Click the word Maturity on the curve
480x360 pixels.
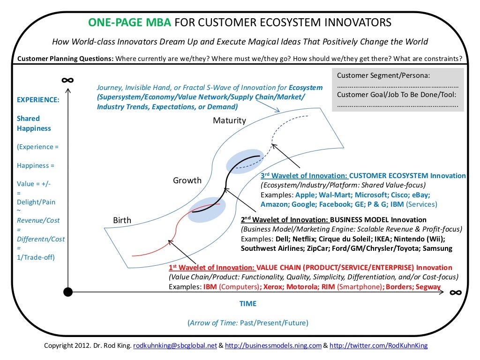(229, 120)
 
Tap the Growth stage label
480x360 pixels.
(187, 180)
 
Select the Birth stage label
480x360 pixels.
(122, 220)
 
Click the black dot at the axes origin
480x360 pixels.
(68, 292)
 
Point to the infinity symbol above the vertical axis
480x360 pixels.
(67, 80)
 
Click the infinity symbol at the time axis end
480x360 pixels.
(455, 293)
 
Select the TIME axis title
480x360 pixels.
(248, 304)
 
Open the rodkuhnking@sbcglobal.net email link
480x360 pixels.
(175, 346)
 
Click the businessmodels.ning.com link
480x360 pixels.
(273, 346)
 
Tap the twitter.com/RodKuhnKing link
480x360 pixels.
(379, 346)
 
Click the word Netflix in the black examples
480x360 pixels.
(295, 239)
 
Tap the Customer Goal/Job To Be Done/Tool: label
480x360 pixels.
(397, 95)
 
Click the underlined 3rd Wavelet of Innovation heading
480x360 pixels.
(304, 176)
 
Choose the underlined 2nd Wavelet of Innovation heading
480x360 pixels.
(285, 220)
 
